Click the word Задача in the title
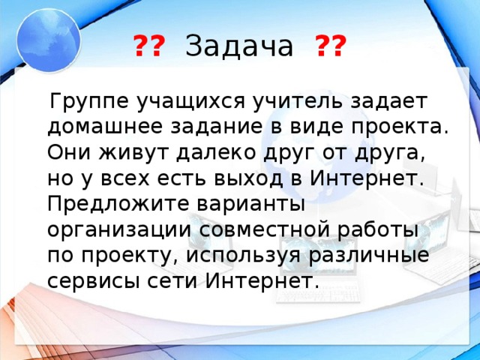(x=238, y=47)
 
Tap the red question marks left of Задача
(x=150, y=47)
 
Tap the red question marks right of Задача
(x=331, y=47)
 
